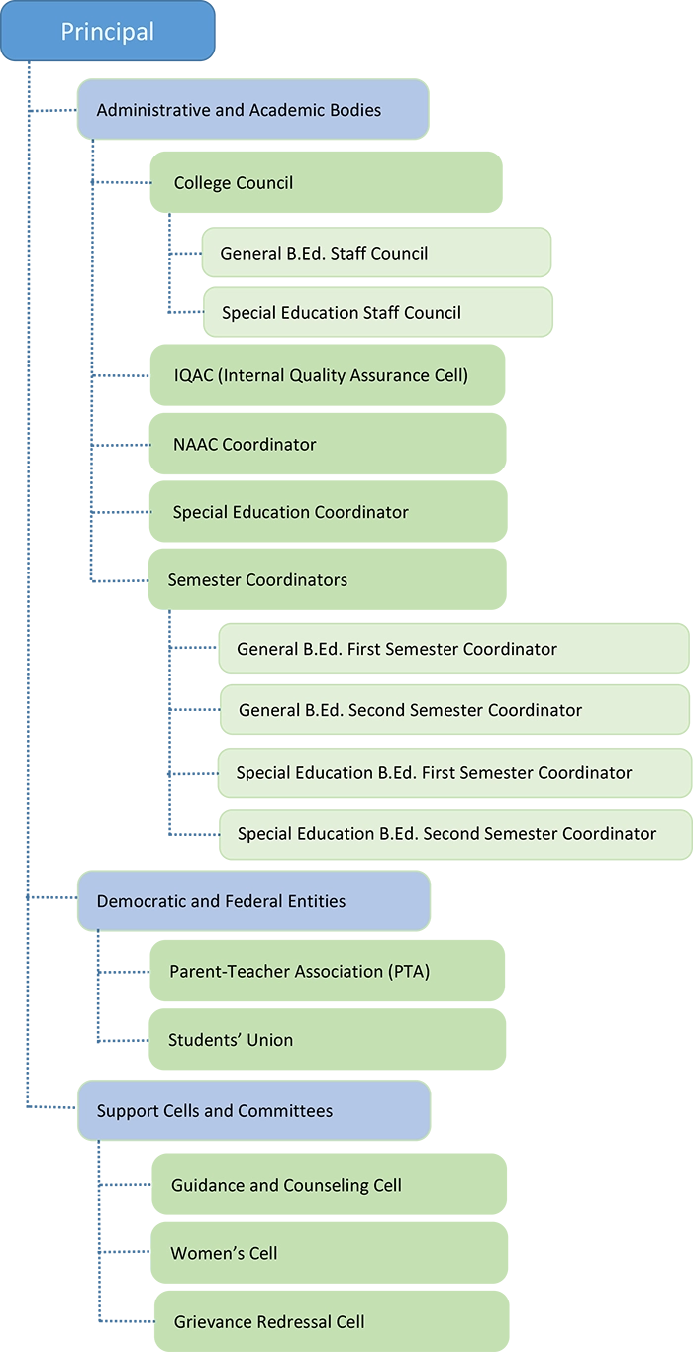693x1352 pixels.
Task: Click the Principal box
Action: click(107, 32)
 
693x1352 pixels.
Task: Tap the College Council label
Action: click(234, 183)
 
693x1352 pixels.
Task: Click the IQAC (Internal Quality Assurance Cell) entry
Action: click(321, 375)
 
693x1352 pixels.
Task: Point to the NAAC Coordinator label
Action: click(245, 445)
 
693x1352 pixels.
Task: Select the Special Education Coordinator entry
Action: click(290, 512)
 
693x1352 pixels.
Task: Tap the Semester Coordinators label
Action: click(257, 580)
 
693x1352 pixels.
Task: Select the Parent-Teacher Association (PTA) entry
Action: click(299, 972)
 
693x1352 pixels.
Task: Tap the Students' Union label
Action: click(231, 1040)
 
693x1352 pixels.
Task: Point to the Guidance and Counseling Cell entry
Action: click(286, 1186)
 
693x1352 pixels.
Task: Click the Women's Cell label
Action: click(224, 1254)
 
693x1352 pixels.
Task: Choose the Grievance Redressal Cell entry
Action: click(269, 1322)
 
